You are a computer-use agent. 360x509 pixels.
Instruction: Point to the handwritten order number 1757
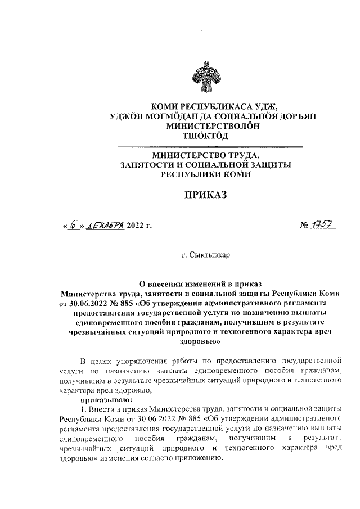[x=326, y=226]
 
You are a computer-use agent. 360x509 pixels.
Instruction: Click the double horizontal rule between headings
[x=208, y=147]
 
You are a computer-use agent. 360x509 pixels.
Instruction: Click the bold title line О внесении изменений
[x=208, y=284]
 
